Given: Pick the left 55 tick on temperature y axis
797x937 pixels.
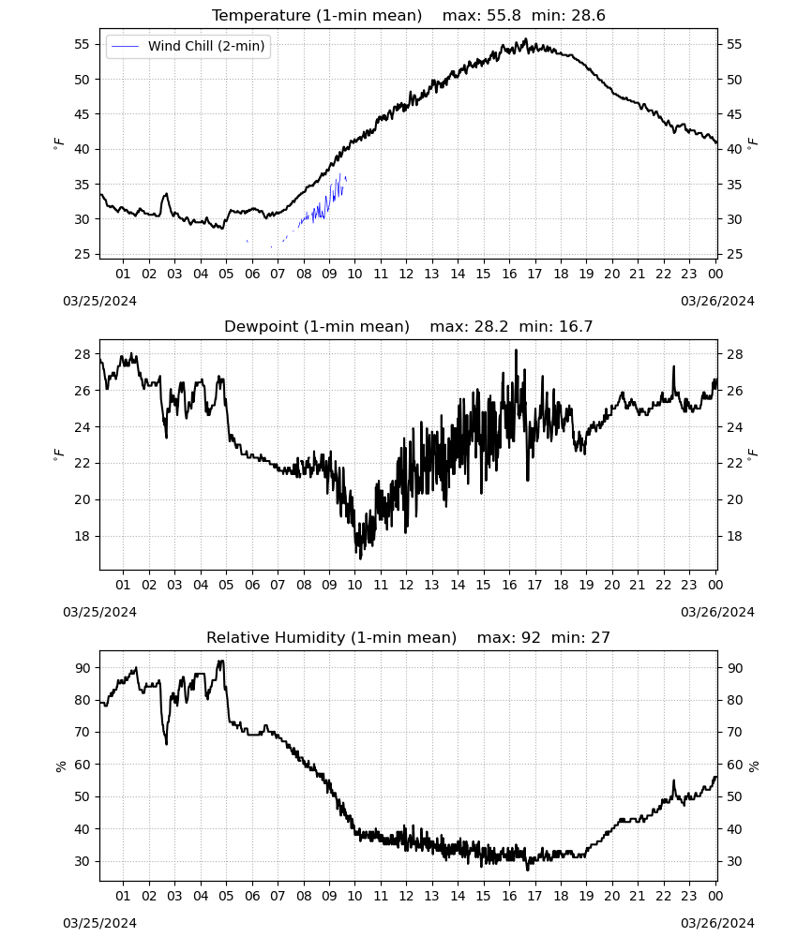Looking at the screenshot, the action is pyautogui.click(x=82, y=44).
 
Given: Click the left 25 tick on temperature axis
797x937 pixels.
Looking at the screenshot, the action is pyautogui.click(x=82, y=255).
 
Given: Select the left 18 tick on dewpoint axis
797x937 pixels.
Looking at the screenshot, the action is pyautogui.click(x=82, y=536).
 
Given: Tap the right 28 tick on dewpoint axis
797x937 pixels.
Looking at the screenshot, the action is pyautogui.click(x=735, y=354).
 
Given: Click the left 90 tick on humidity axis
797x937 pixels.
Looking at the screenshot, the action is pyautogui.click(x=82, y=668).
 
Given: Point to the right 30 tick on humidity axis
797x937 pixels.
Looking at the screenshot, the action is pyautogui.click(x=735, y=862).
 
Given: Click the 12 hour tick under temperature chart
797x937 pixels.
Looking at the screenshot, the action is pyautogui.click(x=407, y=274).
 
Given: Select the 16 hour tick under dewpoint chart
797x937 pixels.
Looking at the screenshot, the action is pyautogui.click(x=509, y=585).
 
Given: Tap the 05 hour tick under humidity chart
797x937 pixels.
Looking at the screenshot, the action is pyautogui.click(x=226, y=897).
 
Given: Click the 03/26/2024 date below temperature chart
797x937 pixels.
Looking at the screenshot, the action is pyautogui.click(x=717, y=301).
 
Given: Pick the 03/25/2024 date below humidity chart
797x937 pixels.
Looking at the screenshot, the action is pyautogui.click(x=99, y=923).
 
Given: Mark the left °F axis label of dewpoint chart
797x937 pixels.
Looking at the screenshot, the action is pyautogui.click(x=58, y=455).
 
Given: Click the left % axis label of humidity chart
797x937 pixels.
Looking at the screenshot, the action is pyautogui.click(x=60, y=766).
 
